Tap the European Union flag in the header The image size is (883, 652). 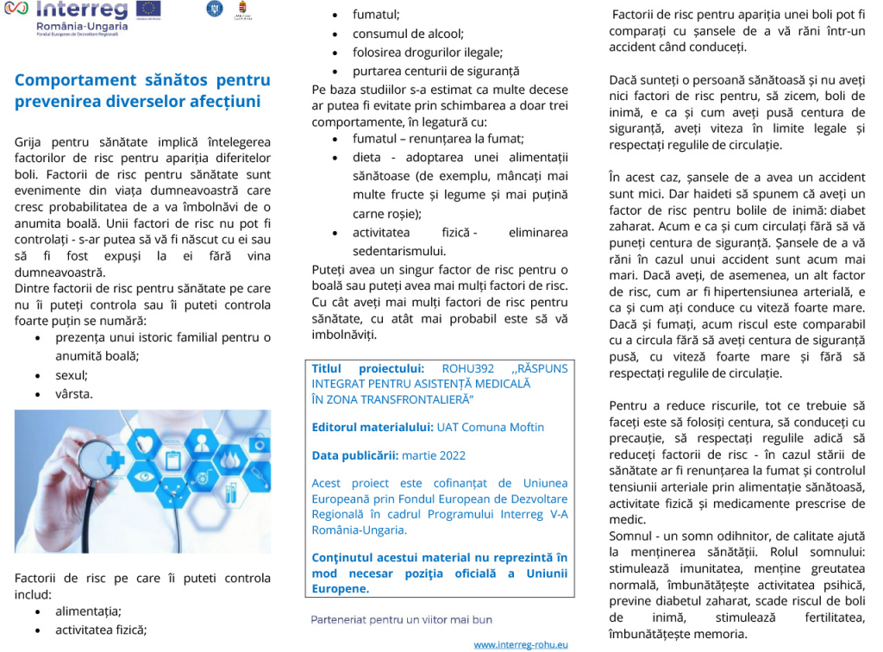[148, 9]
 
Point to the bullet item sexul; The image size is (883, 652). [72, 375]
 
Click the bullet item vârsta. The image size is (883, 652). [74, 394]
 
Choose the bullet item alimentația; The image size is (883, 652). [88, 611]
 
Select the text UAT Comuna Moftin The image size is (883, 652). [490, 426]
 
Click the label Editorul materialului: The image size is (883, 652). [373, 426]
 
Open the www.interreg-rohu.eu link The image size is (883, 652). [521, 644]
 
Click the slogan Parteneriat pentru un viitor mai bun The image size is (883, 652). [402, 619]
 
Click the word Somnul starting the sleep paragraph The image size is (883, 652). [630, 536]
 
